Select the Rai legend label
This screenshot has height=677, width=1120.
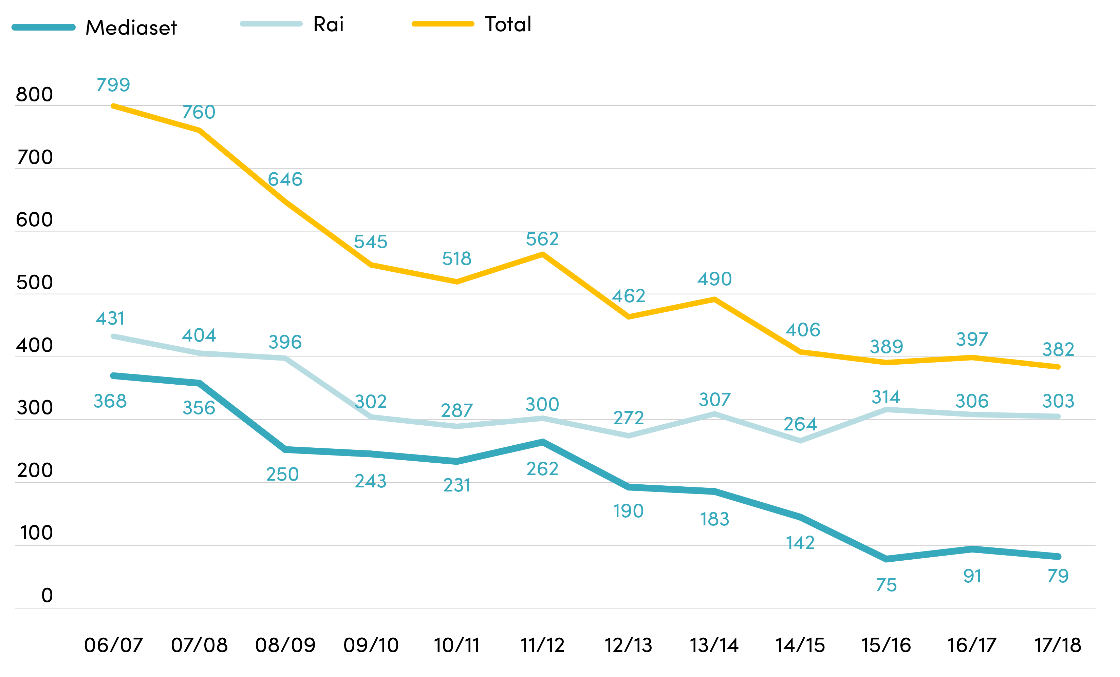[x=329, y=24]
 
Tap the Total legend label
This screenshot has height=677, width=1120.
[x=508, y=24]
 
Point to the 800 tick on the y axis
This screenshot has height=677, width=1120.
[x=35, y=95]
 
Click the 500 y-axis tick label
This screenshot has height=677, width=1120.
[x=35, y=283]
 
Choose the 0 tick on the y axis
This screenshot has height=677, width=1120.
[x=47, y=595]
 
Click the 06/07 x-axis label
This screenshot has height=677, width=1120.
[x=114, y=645]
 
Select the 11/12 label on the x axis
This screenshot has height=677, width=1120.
[x=542, y=645]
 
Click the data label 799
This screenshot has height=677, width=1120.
[x=113, y=84]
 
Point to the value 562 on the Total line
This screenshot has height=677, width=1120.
[x=542, y=239]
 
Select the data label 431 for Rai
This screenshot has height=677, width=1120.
[x=110, y=318]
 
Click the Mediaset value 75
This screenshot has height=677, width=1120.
[x=886, y=585]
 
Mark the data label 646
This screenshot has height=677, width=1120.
[x=285, y=179]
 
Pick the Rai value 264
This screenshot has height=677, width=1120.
[x=800, y=424]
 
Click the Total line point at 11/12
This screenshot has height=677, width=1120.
[x=543, y=254]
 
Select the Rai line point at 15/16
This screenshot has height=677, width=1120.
[x=886, y=409]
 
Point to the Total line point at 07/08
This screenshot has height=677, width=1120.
[x=200, y=130]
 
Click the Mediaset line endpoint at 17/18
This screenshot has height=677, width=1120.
[x=1058, y=556]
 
